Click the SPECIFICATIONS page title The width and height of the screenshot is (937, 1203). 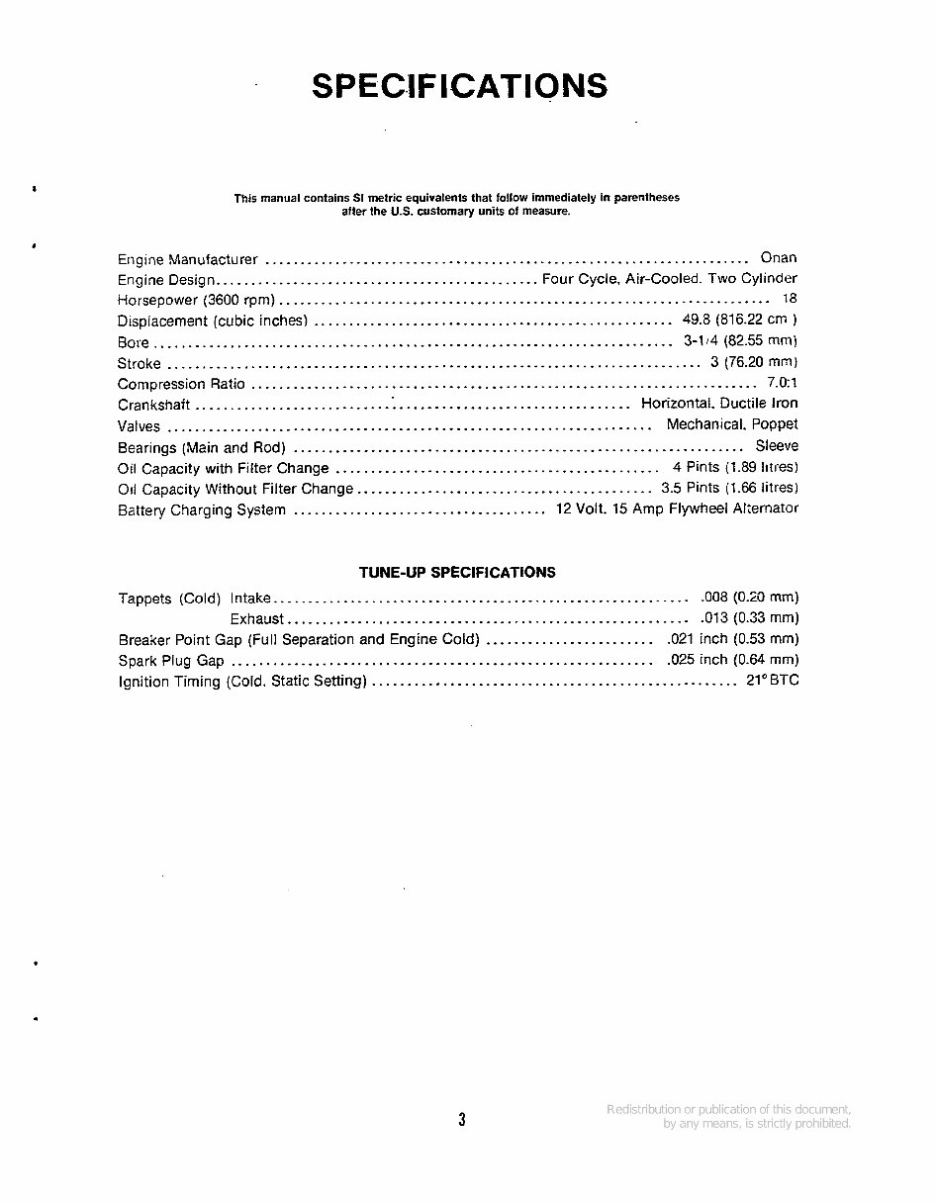point(459,86)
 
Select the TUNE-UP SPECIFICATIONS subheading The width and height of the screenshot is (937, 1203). point(457,572)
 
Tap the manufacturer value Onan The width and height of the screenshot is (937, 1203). point(779,257)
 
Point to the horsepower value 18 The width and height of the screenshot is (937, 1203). point(789,298)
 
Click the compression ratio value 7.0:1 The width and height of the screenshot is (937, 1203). point(782,382)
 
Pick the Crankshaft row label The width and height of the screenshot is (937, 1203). point(153,405)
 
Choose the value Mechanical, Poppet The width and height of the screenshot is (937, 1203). point(732,424)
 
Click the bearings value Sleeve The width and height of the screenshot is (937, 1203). point(777,446)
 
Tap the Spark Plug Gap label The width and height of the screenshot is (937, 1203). point(171,661)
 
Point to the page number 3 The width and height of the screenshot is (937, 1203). point(462,1120)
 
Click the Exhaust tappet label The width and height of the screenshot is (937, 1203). point(257,619)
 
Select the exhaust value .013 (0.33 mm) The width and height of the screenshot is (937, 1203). point(749,618)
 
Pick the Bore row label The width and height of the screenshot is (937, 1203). point(134,342)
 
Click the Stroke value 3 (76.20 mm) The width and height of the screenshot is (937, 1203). point(754,362)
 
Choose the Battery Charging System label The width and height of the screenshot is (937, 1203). point(202,510)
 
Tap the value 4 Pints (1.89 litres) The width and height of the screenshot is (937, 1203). point(735,467)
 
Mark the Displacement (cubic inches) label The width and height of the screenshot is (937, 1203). point(213,321)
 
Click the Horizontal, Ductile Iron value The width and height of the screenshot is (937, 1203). point(719,404)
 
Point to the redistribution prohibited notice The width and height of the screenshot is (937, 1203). point(728,1116)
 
